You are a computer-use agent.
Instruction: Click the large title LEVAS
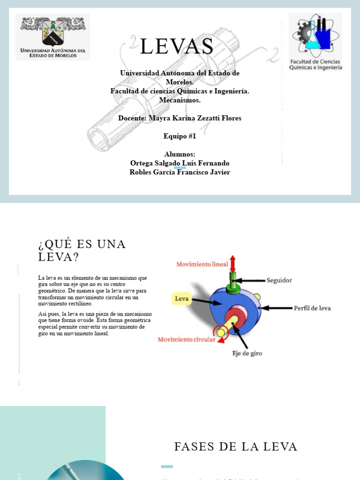(x=177, y=47)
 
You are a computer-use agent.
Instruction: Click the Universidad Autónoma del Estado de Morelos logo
(x=52, y=37)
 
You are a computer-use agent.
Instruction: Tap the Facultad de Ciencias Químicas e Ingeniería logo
(x=315, y=42)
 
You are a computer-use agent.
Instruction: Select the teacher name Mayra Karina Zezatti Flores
(x=180, y=118)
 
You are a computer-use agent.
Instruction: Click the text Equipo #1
(x=180, y=136)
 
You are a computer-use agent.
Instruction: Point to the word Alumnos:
(x=180, y=154)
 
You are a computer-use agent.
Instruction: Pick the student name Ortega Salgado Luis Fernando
(x=180, y=163)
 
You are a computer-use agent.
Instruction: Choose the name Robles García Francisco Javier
(x=180, y=172)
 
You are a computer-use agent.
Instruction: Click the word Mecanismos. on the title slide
(x=180, y=100)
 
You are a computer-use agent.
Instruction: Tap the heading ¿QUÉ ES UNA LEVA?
(x=82, y=250)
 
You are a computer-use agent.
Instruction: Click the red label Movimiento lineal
(x=202, y=264)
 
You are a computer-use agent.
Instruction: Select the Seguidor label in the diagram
(x=279, y=280)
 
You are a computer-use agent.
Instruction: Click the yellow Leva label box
(x=182, y=298)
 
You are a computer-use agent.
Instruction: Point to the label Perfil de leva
(x=312, y=308)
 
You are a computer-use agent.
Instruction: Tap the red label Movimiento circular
(x=187, y=339)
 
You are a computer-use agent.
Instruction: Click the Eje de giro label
(x=247, y=353)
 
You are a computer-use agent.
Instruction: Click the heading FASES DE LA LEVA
(x=236, y=447)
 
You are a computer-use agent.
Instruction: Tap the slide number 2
(x=19, y=384)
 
